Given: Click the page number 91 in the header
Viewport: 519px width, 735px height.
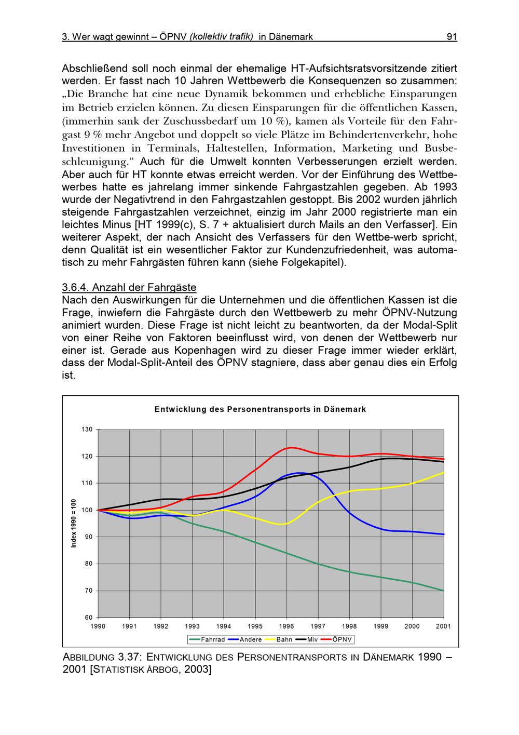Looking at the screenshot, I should pyautogui.click(x=451, y=37).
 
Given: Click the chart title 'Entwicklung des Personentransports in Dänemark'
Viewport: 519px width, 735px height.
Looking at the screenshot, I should pyautogui.click(x=260, y=409).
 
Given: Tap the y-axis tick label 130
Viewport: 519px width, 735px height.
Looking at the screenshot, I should pyautogui.click(x=87, y=430).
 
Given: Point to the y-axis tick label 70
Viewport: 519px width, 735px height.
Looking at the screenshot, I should pyautogui.click(x=89, y=591).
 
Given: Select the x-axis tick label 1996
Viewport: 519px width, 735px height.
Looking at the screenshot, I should pyautogui.click(x=286, y=626).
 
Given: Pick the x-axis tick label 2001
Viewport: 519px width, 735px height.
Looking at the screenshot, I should pyautogui.click(x=443, y=626).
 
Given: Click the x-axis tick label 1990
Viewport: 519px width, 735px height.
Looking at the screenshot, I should pyautogui.click(x=98, y=626).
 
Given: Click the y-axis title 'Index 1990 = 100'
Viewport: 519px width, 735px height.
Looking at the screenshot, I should pyautogui.click(x=74, y=523).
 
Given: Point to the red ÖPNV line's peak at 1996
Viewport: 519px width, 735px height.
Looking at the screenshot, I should pyautogui.click(x=292, y=447).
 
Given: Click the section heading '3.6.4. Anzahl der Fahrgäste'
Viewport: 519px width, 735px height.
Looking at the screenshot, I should pyautogui.click(x=129, y=287).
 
